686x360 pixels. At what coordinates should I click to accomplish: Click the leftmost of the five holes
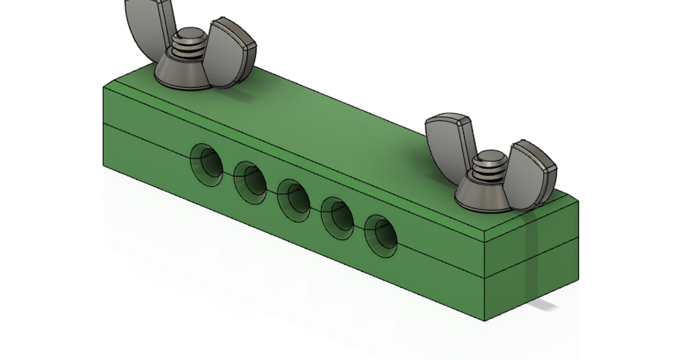(x=206, y=165)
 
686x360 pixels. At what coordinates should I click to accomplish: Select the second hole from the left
(x=250, y=182)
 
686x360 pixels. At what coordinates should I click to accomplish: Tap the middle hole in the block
(x=293, y=201)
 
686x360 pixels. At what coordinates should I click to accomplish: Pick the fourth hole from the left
(x=337, y=218)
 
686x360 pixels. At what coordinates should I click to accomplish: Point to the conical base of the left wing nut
(x=177, y=71)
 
